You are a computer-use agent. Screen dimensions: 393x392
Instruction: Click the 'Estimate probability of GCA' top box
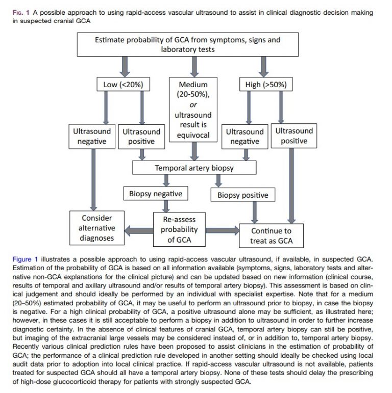(x=194, y=45)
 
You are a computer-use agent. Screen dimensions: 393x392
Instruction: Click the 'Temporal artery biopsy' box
(x=194, y=167)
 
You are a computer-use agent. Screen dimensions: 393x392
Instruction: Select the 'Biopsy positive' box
(x=242, y=195)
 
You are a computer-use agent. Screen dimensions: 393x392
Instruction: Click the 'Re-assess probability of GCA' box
(x=175, y=229)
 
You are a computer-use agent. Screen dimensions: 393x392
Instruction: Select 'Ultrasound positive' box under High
(x=294, y=136)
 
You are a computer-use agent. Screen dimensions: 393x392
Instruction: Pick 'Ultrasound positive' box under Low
(x=141, y=136)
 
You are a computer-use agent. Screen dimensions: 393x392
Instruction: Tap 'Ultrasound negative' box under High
(x=245, y=136)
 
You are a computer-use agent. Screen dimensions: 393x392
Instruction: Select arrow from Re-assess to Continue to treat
(x=220, y=230)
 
